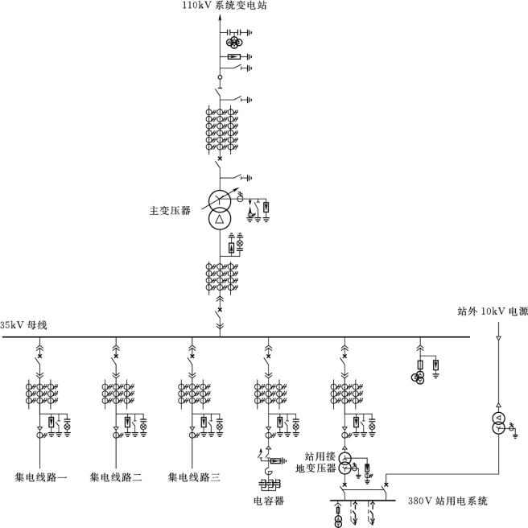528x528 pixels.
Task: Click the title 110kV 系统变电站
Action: pyautogui.click(x=224, y=6)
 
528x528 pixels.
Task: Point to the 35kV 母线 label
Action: pyautogui.click(x=25, y=324)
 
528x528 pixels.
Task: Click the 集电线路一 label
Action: pyautogui.click(x=40, y=477)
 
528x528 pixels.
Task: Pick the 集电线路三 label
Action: pyautogui.click(x=194, y=477)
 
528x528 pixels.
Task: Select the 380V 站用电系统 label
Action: pyautogui.click(x=448, y=501)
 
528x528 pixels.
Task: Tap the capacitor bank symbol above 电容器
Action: pyautogui.click(x=267, y=484)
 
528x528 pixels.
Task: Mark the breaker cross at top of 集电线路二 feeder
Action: pyautogui.click(x=116, y=355)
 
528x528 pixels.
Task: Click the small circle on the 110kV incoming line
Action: pyautogui.click(x=219, y=77)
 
